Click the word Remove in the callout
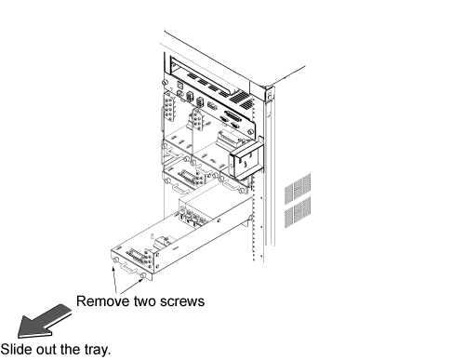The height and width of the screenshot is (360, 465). coord(103,301)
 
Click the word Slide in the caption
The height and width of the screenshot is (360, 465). coord(16,349)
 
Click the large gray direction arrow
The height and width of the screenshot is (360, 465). coord(44,321)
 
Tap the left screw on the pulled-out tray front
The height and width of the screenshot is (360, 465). coord(116,260)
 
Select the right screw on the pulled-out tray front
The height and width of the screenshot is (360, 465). coord(143,275)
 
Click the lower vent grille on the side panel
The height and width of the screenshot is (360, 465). coord(298,212)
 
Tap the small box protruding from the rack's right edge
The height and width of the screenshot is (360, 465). coord(246,159)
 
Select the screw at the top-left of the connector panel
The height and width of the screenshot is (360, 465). coord(165,83)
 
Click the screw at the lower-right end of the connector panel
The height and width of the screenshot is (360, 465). coord(250,131)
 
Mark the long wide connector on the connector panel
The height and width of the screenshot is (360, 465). coord(232,116)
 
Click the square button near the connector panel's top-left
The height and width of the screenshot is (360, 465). coord(180,85)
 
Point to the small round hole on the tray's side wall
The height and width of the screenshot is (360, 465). coord(219,221)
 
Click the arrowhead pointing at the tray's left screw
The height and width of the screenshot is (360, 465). coord(113,269)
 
